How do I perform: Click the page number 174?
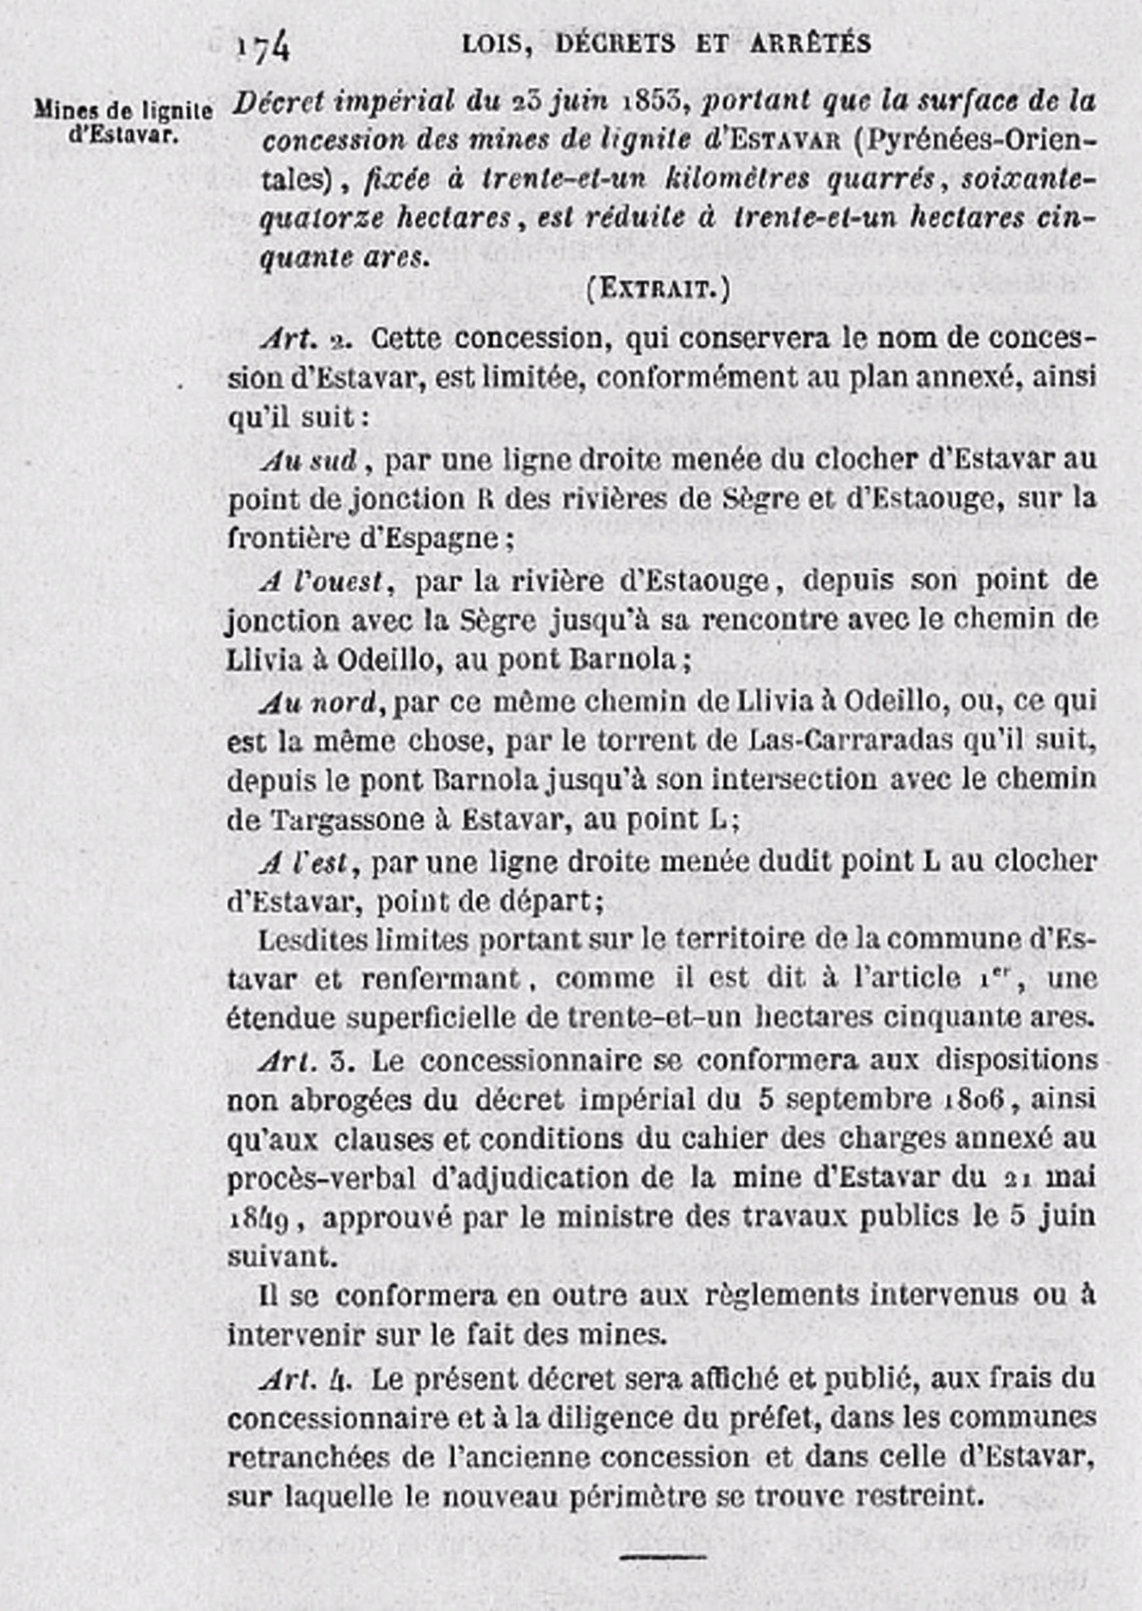tap(263, 48)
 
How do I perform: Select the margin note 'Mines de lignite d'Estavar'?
tap(123, 122)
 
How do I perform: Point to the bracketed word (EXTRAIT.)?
tap(657, 289)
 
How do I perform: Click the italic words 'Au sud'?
tap(310, 461)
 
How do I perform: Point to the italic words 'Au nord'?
tap(316, 702)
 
